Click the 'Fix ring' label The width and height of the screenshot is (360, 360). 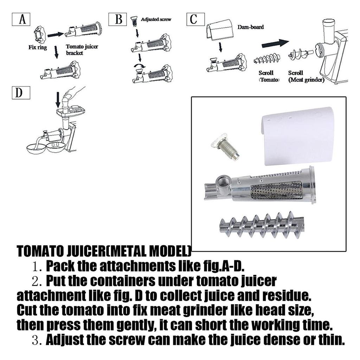38,47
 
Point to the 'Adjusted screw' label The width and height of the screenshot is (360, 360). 156,19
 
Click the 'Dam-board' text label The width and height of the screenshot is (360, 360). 250,27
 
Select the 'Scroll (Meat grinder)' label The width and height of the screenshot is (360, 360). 306,76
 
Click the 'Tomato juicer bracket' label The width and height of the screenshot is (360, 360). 82,50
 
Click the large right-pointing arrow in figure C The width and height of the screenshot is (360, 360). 275,43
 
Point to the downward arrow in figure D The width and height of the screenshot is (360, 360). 58,100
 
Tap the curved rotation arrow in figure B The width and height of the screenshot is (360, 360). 140,66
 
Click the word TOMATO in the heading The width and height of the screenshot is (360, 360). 40,251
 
